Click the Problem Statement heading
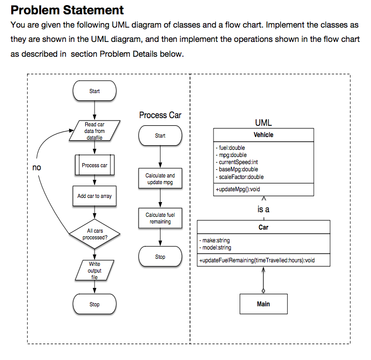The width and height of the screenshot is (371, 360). pyautogui.click(x=67, y=10)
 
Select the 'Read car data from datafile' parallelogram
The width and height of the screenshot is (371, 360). pyautogui.click(x=95, y=131)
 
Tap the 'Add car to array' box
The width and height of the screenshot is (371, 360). pyautogui.click(x=95, y=196)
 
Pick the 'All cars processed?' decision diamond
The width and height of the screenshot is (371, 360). pyautogui.click(x=95, y=234)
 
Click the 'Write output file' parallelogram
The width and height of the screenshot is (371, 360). pyautogui.click(x=95, y=270)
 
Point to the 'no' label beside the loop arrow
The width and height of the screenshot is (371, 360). pyautogui.click(x=36, y=168)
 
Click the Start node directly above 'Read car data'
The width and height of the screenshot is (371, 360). pyautogui.click(x=95, y=91)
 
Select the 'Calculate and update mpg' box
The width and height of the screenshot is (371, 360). pyautogui.click(x=160, y=179)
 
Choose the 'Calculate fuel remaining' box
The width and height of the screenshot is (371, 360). pyautogui.click(x=160, y=218)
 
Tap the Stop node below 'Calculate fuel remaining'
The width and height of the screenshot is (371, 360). pyautogui.click(x=160, y=257)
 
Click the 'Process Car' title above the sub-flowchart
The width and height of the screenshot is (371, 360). pyautogui.click(x=160, y=115)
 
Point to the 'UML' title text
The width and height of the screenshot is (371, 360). pyautogui.click(x=263, y=123)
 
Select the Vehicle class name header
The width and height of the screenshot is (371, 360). pyautogui.click(x=263, y=135)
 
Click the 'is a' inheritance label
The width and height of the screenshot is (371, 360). pyautogui.click(x=263, y=209)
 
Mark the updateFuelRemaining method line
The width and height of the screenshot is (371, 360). pyautogui.click(x=257, y=260)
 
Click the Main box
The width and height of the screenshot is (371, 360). pyautogui.click(x=263, y=304)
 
